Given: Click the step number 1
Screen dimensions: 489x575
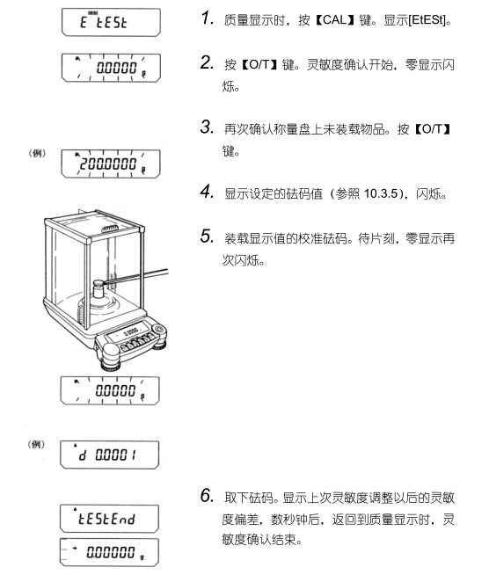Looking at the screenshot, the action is (x=208, y=18).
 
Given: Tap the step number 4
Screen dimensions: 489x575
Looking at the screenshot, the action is (x=208, y=192).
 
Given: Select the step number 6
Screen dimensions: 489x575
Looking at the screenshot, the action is (x=208, y=495).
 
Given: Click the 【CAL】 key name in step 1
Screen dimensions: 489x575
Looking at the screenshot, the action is (x=335, y=20).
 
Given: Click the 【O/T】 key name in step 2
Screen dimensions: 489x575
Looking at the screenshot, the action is (x=259, y=65).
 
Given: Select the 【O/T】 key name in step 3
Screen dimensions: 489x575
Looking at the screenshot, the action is (x=433, y=128).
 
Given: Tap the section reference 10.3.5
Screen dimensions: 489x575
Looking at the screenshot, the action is (x=381, y=193).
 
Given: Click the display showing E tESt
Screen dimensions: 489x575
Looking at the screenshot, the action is (x=111, y=22).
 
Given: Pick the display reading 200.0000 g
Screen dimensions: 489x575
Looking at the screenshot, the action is (x=111, y=164).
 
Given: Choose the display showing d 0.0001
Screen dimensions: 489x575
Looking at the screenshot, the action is (x=110, y=455).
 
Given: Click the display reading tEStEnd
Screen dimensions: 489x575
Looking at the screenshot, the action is (x=109, y=518).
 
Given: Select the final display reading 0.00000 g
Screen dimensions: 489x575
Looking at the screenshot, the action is (x=109, y=552).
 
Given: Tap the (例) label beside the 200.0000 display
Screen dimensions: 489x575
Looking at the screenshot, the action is (x=37, y=153).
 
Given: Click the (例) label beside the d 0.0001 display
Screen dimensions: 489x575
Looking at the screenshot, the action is (x=36, y=444).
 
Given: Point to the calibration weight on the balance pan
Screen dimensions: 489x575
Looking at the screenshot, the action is (x=98, y=290).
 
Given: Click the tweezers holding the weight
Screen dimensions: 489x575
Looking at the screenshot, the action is (x=135, y=276).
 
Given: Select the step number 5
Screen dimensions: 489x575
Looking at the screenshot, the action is (x=208, y=237).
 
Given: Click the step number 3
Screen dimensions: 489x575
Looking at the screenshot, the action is (x=208, y=127).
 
